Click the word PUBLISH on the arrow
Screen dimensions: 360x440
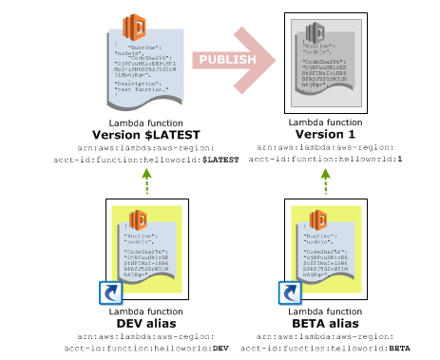[225, 60]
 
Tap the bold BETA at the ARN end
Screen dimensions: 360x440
[398, 349]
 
